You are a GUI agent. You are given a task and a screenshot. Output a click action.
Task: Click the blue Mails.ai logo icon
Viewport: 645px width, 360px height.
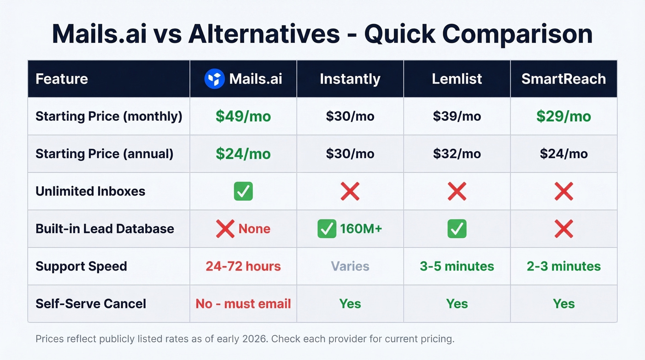point(214,79)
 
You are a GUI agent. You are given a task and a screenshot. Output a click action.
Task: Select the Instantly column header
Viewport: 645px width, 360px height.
point(350,79)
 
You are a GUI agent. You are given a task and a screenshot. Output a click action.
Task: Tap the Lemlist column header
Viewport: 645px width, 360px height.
point(457,79)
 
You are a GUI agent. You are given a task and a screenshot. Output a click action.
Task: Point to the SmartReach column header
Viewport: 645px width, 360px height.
point(563,79)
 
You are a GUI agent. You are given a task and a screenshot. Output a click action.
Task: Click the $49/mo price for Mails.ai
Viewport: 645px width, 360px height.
point(243,116)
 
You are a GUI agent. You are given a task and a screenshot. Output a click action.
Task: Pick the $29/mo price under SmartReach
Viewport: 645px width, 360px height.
point(563,116)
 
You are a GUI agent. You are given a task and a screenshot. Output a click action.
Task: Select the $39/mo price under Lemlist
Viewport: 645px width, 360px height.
point(457,116)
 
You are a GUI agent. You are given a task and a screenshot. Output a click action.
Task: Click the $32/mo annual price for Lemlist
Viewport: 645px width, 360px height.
point(457,153)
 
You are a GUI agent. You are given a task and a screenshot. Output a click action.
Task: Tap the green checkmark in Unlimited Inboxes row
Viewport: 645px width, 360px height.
point(243,191)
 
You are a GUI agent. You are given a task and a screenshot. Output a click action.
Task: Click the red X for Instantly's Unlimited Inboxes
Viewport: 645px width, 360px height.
point(350,191)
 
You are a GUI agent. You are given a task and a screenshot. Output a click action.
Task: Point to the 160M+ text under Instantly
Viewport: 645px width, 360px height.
point(361,229)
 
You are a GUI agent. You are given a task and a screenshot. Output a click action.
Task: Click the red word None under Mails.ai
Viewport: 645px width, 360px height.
point(254,229)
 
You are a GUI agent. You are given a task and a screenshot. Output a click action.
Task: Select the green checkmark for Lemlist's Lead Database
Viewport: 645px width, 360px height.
point(457,229)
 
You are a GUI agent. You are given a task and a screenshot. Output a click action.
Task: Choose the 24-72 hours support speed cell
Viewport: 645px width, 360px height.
point(243,266)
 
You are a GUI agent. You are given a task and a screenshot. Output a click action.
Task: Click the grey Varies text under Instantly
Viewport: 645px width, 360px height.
point(350,266)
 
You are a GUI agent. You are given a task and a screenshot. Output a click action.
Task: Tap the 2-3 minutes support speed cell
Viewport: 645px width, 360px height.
point(563,266)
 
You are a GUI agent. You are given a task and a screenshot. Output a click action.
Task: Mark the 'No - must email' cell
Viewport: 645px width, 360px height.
point(243,304)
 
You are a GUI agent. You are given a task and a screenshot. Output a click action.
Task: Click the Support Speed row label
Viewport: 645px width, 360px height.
point(81,266)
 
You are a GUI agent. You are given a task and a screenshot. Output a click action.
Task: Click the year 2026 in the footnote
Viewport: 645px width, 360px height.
point(256,339)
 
